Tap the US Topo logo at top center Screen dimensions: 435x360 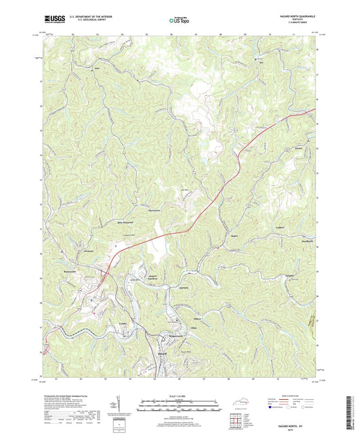tap(179, 21)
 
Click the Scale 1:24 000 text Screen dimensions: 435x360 tap(180, 395)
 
